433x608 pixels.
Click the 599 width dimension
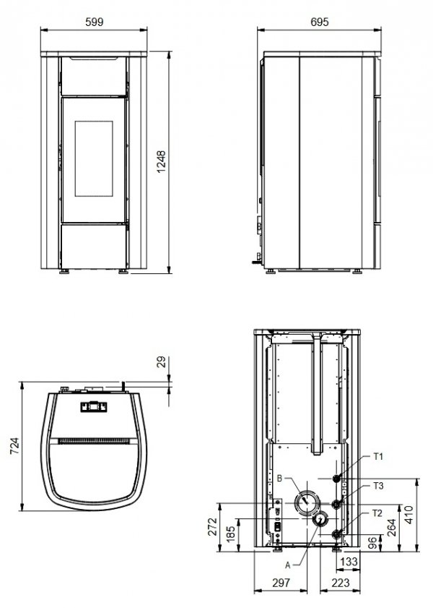coord(95,22)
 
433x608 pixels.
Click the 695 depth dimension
coord(320,22)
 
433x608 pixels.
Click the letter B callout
coord(279,477)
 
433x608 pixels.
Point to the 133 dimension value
coord(349,561)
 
